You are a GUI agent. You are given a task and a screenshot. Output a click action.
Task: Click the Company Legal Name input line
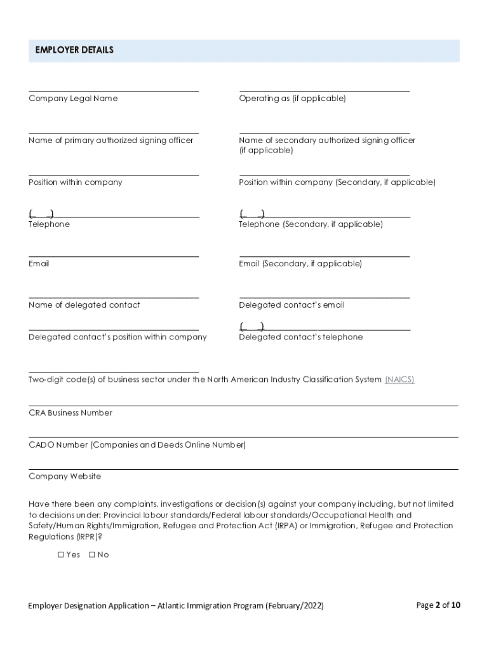tap(114, 88)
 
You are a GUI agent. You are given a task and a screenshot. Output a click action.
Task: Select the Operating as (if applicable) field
tap(324, 88)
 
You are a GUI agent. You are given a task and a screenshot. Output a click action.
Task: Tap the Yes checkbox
tap(62, 555)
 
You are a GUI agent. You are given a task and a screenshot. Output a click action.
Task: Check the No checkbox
tap(92, 555)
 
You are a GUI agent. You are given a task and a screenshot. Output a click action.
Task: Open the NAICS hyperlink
tap(399, 380)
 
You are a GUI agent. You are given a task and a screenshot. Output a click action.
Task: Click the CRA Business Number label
tap(70, 413)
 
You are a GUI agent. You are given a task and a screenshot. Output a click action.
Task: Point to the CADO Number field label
tap(137, 445)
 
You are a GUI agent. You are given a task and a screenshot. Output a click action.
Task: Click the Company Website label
tap(65, 477)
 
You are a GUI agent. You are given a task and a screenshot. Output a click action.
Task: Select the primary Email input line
tap(114, 253)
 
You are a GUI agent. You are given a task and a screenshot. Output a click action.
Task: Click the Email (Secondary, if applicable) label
tap(300, 264)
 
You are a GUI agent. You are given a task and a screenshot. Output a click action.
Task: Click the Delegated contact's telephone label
tap(300, 337)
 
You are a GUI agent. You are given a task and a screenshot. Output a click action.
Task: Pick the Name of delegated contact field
tap(114, 294)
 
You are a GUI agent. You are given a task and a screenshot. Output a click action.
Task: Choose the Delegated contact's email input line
tap(324, 294)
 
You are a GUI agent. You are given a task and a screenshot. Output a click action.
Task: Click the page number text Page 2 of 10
tap(438, 605)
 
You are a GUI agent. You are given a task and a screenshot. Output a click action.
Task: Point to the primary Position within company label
tap(75, 182)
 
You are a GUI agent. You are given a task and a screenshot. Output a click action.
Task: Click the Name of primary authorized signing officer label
tap(111, 140)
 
